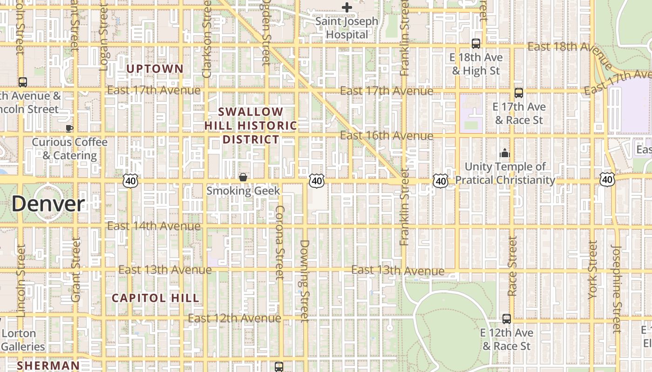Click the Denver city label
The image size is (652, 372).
coord(48,204)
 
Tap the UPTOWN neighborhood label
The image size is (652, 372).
coord(155,69)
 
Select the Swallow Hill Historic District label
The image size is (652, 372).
coord(251,126)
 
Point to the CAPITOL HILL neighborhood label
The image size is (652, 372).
coord(156,298)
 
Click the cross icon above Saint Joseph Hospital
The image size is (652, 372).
coord(347,7)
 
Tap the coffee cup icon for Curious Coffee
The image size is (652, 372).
coord(69,128)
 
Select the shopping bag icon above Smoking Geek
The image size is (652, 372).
coord(243,177)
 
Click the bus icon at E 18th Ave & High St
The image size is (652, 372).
coord(475,44)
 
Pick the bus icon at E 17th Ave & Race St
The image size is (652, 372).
coord(518,93)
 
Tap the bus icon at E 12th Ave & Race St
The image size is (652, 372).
coord(506,319)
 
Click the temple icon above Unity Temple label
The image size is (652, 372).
coord(504,153)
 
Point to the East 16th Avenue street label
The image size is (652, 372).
coord(387,136)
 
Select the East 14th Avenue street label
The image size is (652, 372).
coord(154,226)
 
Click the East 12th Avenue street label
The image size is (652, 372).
coord(234,318)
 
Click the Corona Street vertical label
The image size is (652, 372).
coord(279,242)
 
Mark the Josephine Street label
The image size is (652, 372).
coord(617,289)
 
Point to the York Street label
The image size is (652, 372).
coord(592,270)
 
